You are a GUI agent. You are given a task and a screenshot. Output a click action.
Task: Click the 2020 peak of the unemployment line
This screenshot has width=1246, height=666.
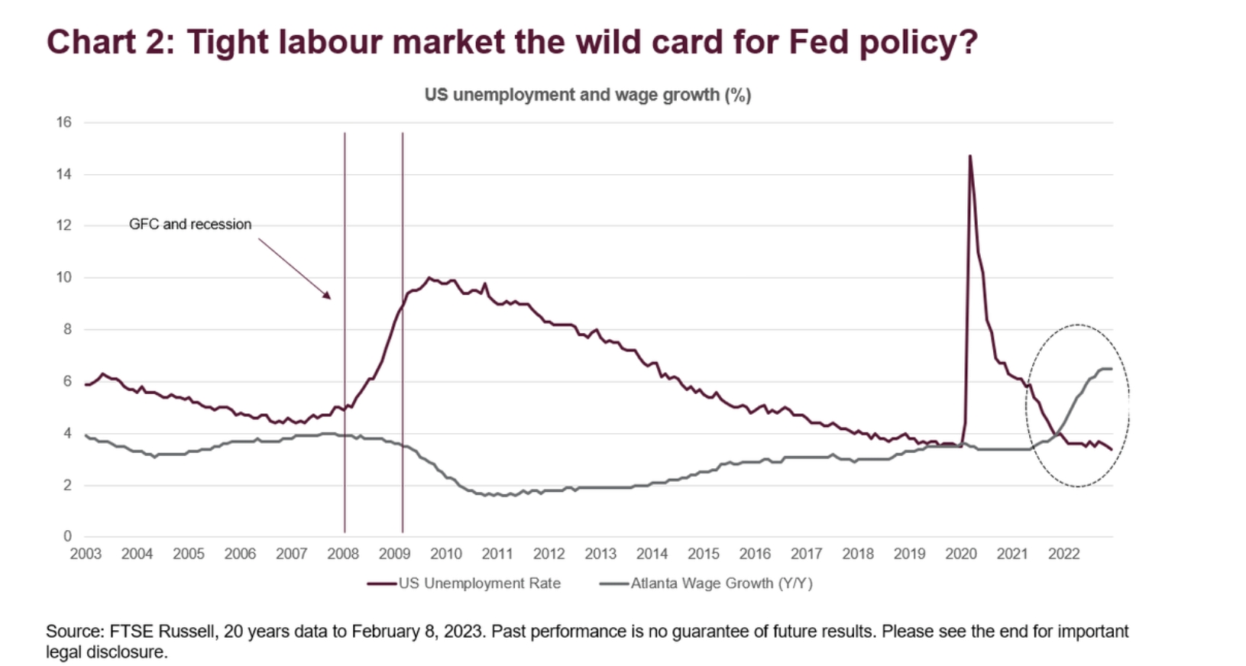pyautogui.click(x=970, y=157)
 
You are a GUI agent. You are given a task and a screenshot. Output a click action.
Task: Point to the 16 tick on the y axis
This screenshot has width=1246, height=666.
pyautogui.click(x=63, y=122)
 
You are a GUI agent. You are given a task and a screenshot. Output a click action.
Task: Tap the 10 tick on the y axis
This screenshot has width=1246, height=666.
pyautogui.click(x=63, y=277)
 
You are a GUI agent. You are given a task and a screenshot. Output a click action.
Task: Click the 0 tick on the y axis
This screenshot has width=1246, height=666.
pyautogui.click(x=67, y=536)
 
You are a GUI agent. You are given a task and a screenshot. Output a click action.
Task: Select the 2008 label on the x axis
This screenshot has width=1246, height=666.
pyautogui.click(x=343, y=554)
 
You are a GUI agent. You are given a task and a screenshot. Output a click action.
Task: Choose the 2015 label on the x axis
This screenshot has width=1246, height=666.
pyautogui.click(x=703, y=554)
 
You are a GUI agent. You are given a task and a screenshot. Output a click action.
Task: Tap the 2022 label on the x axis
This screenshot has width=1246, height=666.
pyautogui.click(x=1063, y=554)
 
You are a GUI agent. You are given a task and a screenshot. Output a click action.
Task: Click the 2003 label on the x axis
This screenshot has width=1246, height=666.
pyautogui.click(x=86, y=554)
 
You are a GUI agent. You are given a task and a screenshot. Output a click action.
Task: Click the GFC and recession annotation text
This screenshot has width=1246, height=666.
pyautogui.click(x=190, y=225)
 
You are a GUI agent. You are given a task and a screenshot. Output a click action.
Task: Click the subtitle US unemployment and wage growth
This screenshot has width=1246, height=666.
pyautogui.click(x=587, y=95)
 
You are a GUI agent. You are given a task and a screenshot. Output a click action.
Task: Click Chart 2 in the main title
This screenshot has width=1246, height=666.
pyautogui.click(x=111, y=42)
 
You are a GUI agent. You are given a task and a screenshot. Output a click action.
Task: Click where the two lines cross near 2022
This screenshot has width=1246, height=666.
pyautogui.click(x=1057, y=435)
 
